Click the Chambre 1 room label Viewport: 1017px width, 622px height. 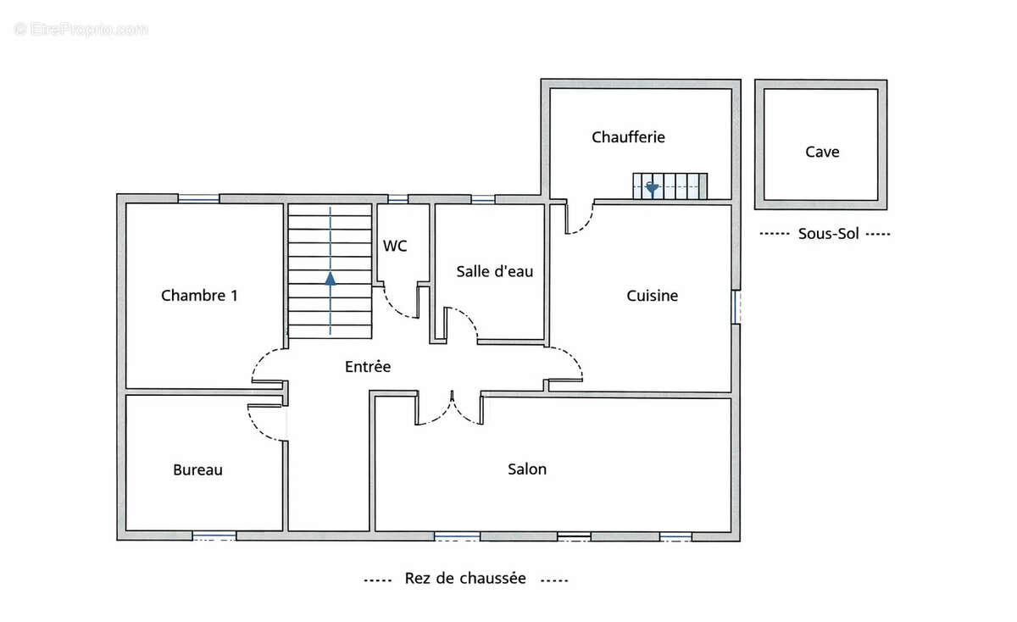point(199,296)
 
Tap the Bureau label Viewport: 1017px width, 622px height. point(197,469)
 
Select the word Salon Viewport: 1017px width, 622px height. point(527,469)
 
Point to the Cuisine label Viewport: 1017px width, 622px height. point(652,296)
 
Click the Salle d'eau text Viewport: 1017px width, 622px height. point(494,271)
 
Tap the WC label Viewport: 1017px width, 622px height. point(395,246)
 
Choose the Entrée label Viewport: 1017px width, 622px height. point(368,367)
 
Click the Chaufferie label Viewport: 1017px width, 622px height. point(628,136)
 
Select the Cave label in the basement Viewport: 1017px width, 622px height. point(822,152)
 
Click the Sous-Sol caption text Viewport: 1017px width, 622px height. point(828,234)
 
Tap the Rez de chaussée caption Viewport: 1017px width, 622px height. point(465,579)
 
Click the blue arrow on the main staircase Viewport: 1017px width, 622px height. point(331,276)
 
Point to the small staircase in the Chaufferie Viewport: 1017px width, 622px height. point(670,186)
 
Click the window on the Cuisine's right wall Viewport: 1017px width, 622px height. point(736,307)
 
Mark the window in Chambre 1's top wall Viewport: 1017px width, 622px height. point(198,199)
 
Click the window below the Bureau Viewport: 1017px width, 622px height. point(214,536)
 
